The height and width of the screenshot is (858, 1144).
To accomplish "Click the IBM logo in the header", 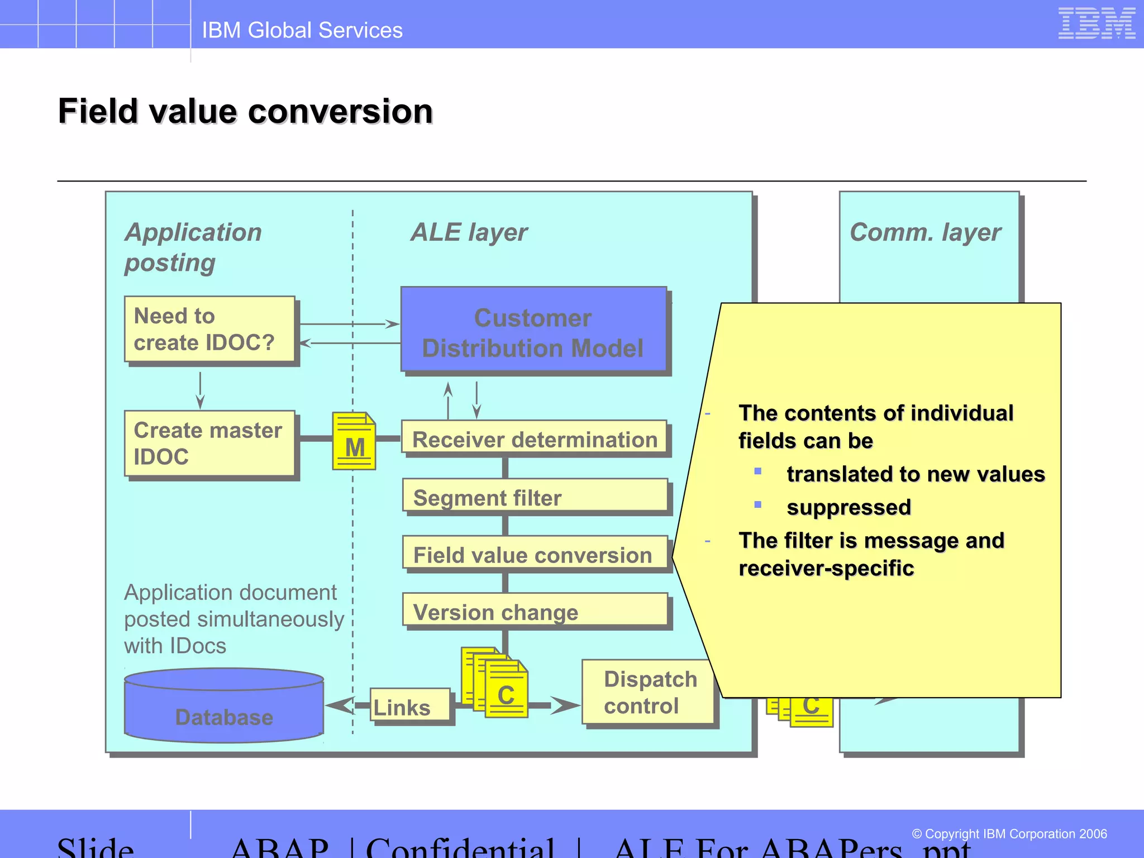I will [1096, 24].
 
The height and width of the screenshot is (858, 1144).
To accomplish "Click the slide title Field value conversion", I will [246, 111].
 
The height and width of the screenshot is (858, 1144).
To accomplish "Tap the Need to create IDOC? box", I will [209, 329].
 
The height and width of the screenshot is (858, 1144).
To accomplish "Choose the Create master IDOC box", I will [209, 444].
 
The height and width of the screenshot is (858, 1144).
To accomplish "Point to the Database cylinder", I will [224, 707].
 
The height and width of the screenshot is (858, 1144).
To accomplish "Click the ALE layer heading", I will [469, 232].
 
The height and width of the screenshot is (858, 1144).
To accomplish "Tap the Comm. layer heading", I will [925, 232].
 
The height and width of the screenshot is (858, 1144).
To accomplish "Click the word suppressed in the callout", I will [849, 507].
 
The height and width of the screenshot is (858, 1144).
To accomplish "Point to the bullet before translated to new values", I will [758, 471].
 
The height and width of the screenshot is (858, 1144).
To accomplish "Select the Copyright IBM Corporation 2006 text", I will [1009, 834].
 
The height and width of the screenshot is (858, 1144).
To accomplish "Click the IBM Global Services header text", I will [302, 30].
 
